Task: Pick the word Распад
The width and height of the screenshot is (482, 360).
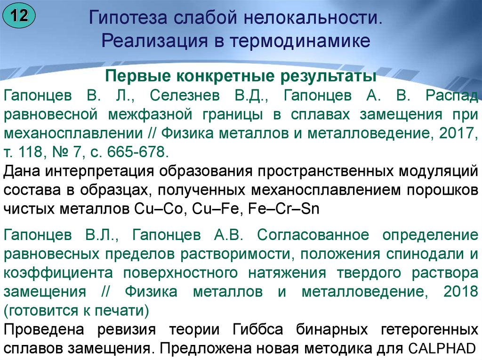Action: click(x=452, y=96)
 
